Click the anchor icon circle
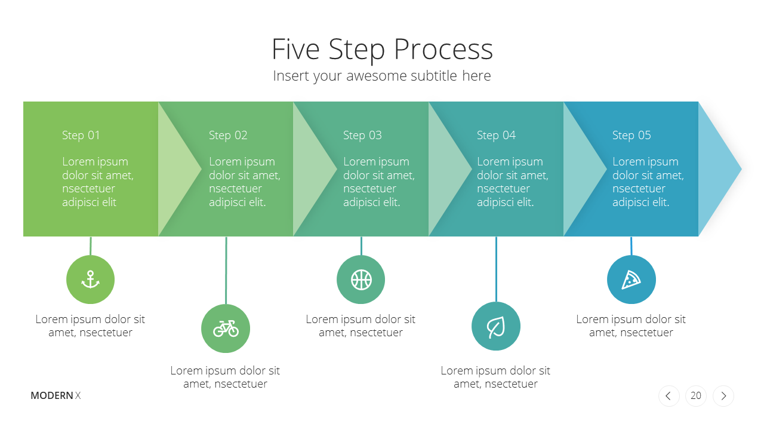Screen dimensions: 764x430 (90, 279)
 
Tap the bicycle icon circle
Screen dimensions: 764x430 (226, 328)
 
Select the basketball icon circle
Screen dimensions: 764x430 (361, 279)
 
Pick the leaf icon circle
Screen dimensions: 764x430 (496, 326)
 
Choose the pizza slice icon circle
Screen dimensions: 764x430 (631, 279)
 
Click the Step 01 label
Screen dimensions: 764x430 (81, 136)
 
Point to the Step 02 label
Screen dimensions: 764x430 (228, 136)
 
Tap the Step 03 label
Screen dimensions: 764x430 (362, 136)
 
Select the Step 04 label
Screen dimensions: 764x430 (496, 136)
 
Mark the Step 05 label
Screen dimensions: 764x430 (631, 136)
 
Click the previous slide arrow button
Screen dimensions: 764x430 (669, 396)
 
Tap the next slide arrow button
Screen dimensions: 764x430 (723, 396)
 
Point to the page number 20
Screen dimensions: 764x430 (696, 396)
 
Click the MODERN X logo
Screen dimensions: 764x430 (56, 395)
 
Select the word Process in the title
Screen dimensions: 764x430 (443, 50)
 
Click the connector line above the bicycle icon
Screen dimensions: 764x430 (226, 271)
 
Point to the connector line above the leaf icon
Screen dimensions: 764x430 (496, 269)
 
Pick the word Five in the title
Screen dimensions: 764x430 (295, 49)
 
